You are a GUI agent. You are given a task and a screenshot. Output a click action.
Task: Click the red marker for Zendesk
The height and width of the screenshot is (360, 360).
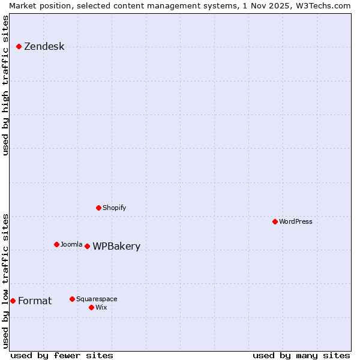pyautogui.click(x=19, y=46)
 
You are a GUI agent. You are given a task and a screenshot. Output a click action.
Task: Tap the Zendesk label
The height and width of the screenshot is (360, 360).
pyautogui.click(x=44, y=47)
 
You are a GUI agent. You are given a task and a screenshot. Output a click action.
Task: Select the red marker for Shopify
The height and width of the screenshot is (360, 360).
pyautogui.click(x=98, y=208)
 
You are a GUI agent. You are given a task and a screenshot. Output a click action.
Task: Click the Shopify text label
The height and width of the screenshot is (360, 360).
pyautogui.click(x=114, y=208)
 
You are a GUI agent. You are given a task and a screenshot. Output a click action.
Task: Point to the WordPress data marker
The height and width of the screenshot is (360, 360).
pyautogui.click(x=275, y=221)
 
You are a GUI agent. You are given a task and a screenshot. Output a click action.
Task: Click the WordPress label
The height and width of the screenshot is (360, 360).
pyautogui.click(x=295, y=221)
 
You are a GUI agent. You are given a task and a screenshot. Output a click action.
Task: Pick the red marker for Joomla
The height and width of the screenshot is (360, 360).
pyautogui.click(x=56, y=244)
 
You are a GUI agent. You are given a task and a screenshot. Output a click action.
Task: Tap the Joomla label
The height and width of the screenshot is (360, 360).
pyautogui.click(x=71, y=244)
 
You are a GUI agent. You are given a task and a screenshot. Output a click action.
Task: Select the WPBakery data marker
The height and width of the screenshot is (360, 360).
pyautogui.click(x=87, y=246)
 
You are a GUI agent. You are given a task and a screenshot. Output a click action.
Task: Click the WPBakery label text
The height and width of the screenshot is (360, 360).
pyautogui.click(x=116, y=247)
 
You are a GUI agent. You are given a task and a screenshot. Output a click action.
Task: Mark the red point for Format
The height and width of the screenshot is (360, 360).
pyautogui.click(x=13, y=301)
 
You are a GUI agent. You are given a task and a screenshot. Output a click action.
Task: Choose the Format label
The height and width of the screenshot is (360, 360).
pyautogui.click(x=35, y=301)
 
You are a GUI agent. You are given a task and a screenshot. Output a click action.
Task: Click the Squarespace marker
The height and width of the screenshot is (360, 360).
pyautogui.click(x=72, y=299)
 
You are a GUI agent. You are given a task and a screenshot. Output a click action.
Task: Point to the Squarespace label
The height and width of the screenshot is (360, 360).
pyautogui.click(x=97, y=299)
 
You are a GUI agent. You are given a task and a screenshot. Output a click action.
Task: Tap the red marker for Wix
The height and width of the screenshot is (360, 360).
pyautogui.click(x=91, y=307)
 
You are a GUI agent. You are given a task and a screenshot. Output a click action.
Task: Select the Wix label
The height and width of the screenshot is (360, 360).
pyautogui.click(x=101, y=307)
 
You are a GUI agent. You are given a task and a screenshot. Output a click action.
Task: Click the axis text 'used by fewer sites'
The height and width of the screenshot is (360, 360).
pyautogui.click(x=62, y=355)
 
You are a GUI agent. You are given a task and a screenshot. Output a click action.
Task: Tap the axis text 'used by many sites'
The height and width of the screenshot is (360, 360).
pyautogui.click(x=301, y=355)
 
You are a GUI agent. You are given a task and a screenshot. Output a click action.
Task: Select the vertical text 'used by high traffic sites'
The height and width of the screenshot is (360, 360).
pyautogui.click(x=5, y=85)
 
